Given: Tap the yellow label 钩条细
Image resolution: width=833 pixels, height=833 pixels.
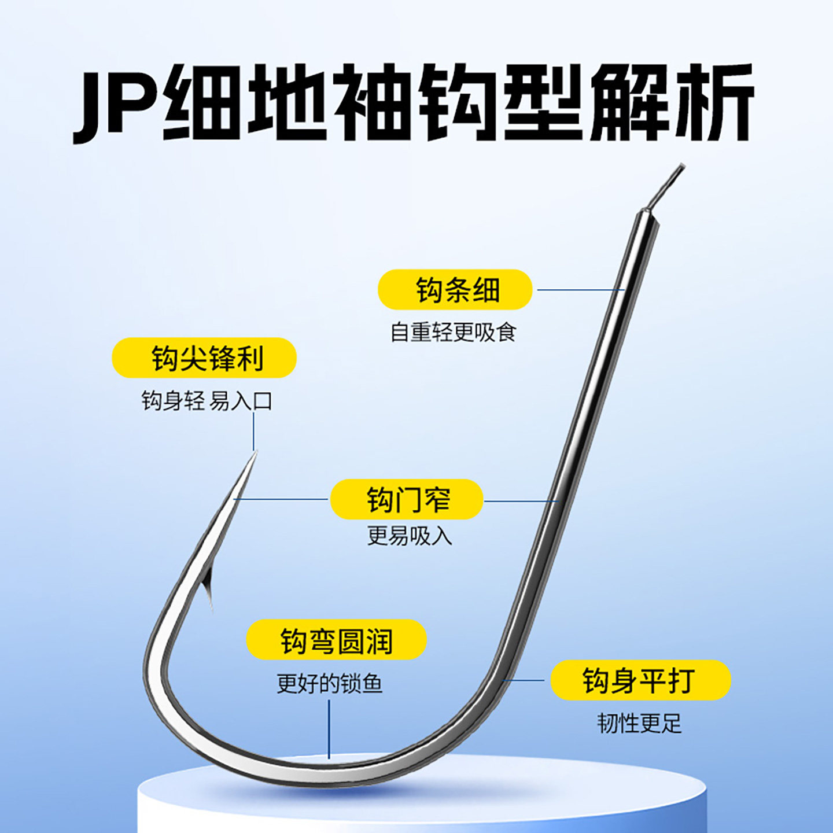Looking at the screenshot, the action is (x=455, y=289).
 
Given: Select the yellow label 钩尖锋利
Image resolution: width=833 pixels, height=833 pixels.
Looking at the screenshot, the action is (x=204, y=358).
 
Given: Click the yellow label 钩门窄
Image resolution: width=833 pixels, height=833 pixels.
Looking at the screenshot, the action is (x=407, y=499).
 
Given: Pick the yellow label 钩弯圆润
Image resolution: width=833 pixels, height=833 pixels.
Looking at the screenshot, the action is (x=336, y=640).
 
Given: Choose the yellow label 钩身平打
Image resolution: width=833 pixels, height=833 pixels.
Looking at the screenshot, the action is (x=640, y=680).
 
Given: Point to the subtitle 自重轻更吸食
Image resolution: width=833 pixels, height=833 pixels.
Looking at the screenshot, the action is (x=453, y=332).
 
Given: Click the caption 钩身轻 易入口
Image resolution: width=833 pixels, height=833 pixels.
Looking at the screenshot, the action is (x=207, y=400).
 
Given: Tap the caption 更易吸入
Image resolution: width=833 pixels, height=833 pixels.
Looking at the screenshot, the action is (x=409, y=536).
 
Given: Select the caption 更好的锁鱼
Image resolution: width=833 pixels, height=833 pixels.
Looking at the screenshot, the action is (x=329, y=683).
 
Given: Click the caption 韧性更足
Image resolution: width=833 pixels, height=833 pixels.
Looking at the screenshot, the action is (x=639, y=723).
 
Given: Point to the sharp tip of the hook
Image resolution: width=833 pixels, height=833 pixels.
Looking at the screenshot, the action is (x=254, y=455).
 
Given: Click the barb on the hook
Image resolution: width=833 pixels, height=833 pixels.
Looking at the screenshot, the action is (x=208, y=593).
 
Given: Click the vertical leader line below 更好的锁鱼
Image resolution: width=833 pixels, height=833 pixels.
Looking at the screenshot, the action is (x=329, y=729).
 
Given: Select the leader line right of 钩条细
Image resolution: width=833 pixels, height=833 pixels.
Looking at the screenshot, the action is (x=578, y=290).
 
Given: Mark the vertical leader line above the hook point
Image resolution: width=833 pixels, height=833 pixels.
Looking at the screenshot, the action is (x=253, y=431).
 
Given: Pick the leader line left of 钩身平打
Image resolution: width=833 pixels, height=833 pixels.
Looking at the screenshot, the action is (x=525, y=680).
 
